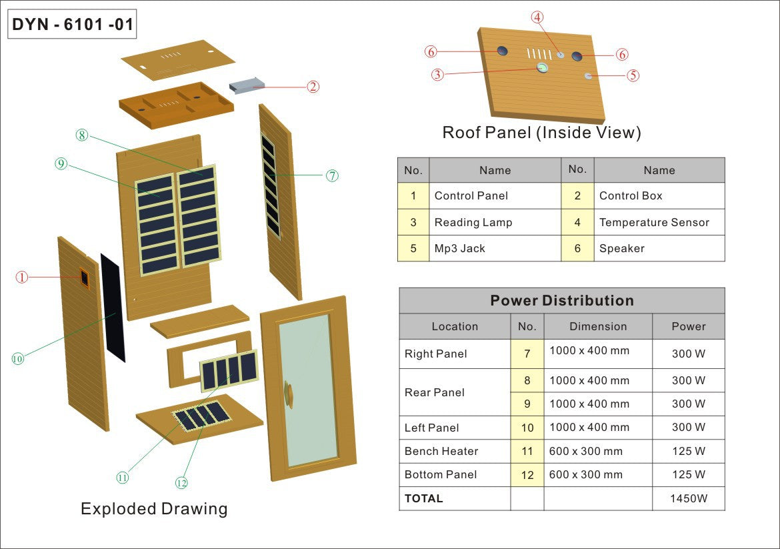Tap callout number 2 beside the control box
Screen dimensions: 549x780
(313, 87)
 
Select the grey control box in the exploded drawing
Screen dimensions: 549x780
(247, 85)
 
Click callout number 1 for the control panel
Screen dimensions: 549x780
(22, 277)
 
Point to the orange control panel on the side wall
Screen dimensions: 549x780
(85, 277)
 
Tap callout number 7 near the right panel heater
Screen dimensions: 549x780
(332, 176)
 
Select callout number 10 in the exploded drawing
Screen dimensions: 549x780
(17, 359)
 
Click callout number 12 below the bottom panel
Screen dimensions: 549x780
(181, 483)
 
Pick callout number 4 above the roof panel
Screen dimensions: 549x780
(537, 18)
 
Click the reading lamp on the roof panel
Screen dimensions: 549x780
(543, 68)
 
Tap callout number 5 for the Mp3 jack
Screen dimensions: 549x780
(633, 75)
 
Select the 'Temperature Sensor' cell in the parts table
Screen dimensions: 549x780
(654, 222)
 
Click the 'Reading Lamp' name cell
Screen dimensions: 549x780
(473, 222)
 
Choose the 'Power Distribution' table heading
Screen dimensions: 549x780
(562, 301)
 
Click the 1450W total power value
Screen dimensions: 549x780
(689, 498)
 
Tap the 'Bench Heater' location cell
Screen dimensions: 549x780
(441, 451)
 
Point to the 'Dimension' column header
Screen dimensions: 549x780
(598, 326)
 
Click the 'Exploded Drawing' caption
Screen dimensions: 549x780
(154, 509)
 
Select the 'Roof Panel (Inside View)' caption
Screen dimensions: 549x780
(541, 133)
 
